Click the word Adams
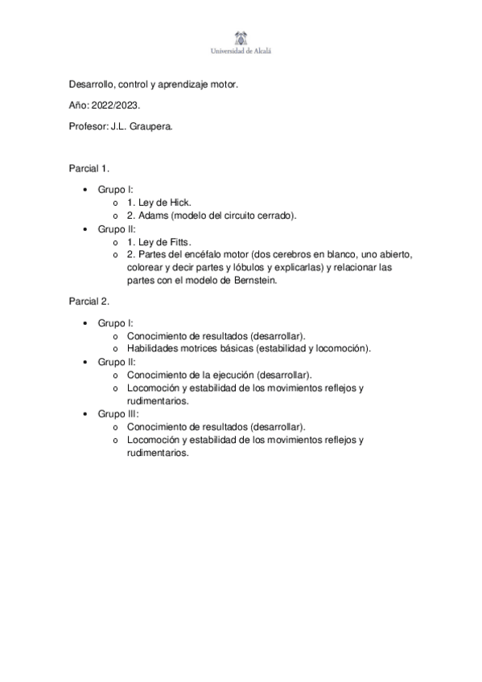(x=153, y=216)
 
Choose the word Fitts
(x=179, y=241)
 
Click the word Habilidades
(x=155, y=348)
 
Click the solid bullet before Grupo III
(x=86, y=413)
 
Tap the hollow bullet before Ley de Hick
(x=117, y=203)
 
